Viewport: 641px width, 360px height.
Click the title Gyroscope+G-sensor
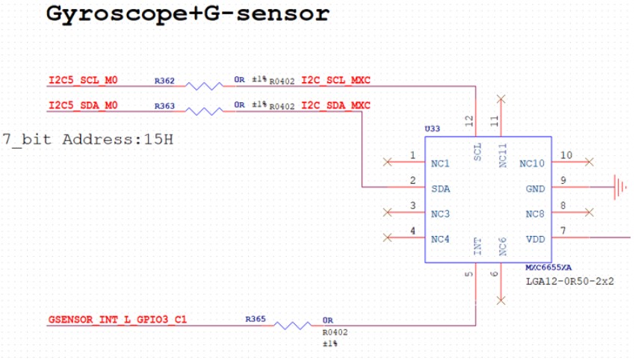pos(187,14)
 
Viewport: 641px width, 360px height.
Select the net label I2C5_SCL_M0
pos(83,80)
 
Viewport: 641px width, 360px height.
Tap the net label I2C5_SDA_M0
pos(83,105)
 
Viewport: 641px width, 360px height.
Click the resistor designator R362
pos(164,81)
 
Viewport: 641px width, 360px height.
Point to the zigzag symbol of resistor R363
pos(204,112)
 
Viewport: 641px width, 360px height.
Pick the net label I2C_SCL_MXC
pos(336,80)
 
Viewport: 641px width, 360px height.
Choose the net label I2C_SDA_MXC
pos(336,105)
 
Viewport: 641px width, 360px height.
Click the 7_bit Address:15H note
pos(87,140)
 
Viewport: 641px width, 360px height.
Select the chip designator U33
pos(433,129)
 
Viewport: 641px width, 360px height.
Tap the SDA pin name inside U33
pos(441,189)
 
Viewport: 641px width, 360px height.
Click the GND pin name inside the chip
pos(536,189)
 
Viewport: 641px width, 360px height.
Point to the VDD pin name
pos(536,239)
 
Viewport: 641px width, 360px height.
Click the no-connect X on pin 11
pos(501,99)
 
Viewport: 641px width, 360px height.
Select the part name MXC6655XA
pos(548,267)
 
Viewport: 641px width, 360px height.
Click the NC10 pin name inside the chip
pos(532,164)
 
